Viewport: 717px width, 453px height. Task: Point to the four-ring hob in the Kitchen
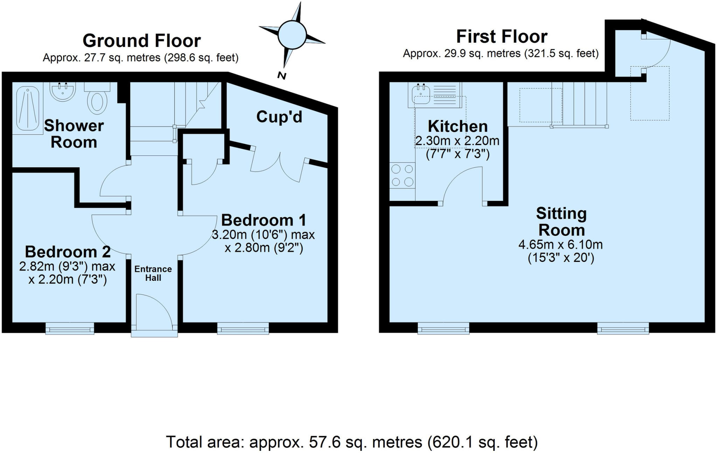402,175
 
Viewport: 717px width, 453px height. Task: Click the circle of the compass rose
292,34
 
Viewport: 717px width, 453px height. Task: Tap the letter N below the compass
281,76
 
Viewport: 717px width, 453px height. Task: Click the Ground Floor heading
141,41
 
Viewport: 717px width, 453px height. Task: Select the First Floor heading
502,37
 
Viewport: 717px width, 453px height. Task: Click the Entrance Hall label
153,273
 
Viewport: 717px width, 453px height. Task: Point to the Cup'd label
279,117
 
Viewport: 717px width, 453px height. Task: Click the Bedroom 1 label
264,220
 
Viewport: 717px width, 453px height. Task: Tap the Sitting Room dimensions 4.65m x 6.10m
561,244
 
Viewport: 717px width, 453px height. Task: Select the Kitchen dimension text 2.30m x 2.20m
457,141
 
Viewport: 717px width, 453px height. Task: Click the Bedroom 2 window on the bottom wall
70,329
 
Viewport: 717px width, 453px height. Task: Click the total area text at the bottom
351,442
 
